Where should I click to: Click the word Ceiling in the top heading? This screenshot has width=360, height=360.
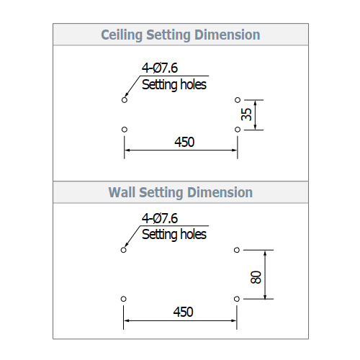click(122, 35)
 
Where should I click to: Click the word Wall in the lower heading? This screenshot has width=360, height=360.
click(122, 192)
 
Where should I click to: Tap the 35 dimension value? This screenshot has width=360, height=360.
click(246, 114)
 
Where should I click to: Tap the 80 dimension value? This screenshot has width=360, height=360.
click(256, 277)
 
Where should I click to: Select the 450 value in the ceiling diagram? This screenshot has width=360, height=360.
click(184, 142)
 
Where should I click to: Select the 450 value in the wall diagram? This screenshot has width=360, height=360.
click(184, 312)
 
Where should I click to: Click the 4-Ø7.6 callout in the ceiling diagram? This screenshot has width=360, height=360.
click(160, 68)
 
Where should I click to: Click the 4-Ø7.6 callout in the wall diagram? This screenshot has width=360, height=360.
click(160, 218)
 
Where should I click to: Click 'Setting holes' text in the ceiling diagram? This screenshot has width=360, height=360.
click(174, 85)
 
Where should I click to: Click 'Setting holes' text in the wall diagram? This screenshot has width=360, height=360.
click(174, 235)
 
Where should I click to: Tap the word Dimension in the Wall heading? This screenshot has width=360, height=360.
click(220, 192)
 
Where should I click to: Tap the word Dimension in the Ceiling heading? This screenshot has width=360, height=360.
click(228, 35)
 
